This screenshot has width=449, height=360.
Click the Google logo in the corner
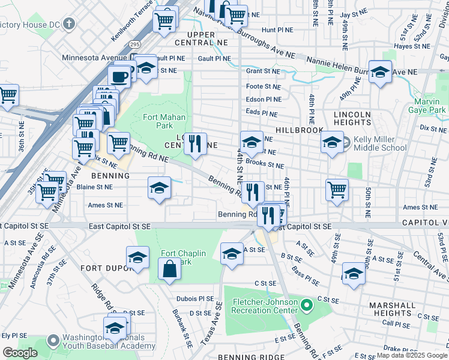(x=19, y=353)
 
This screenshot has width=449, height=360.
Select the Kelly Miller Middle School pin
(x=346, y=142)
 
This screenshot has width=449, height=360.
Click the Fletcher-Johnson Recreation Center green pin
(x=307, y=306)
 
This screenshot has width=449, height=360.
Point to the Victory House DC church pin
(x=70, y=25)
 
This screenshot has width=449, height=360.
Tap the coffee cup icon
(x=119, y=76)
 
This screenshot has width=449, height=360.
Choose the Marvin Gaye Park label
(x=431, y=106)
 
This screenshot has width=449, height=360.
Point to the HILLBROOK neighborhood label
(x=300, y=130)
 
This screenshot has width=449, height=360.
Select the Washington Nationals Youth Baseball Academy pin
(x=53, y=341)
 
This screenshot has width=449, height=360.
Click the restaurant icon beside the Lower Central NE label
(x=194, y=143)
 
